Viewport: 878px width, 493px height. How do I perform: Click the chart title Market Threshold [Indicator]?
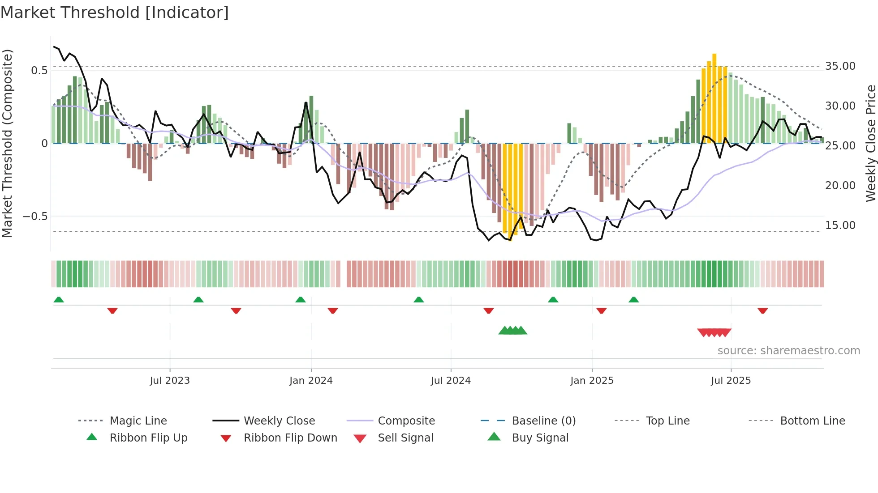point(115,13)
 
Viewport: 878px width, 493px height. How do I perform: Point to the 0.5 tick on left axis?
point(39,71)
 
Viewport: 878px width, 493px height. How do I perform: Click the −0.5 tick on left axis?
point(35,217)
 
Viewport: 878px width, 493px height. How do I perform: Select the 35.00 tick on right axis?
point(840,66)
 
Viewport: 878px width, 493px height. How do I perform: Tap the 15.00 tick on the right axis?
point(840,225)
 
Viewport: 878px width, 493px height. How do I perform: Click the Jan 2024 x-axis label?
point(311,381)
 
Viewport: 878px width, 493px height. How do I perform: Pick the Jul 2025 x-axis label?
point(731,381)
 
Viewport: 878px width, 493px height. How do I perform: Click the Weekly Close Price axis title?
point(870,143)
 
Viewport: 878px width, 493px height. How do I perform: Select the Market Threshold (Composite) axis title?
point(7,143)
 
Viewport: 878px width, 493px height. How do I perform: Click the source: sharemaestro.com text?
point(788,351)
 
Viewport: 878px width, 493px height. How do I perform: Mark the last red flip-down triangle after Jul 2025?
point(763,310)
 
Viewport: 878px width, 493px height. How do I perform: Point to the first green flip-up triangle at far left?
point(59,300)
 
